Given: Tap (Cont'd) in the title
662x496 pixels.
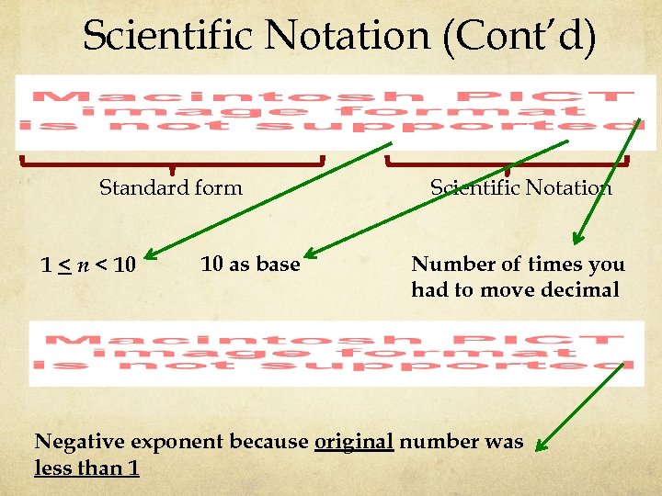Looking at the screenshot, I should click(521, 37).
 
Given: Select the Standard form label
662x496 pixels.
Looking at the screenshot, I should click(171, 188).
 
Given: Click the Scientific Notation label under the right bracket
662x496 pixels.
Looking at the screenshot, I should click(521, 188).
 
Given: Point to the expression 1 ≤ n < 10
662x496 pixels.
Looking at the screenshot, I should click(88, 266).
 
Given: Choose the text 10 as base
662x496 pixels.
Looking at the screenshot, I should click(250, 265).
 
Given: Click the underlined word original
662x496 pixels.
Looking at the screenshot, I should click(354, 442).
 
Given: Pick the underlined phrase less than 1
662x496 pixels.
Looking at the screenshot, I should click(86, 468).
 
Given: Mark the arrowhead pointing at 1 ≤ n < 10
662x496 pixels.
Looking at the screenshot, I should click(150, 255).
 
